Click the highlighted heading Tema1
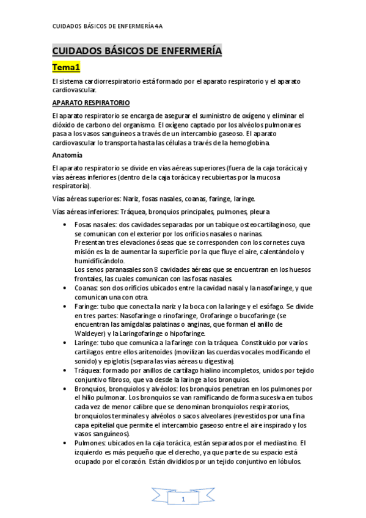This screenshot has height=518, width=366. tap(70, 66)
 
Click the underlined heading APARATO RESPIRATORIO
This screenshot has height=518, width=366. tap(90, 102)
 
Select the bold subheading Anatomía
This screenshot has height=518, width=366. tap(67, 155)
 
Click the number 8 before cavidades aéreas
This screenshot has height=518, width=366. tap(156, 269)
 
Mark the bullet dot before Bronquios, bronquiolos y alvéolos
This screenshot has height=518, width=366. tap(66, 388)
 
